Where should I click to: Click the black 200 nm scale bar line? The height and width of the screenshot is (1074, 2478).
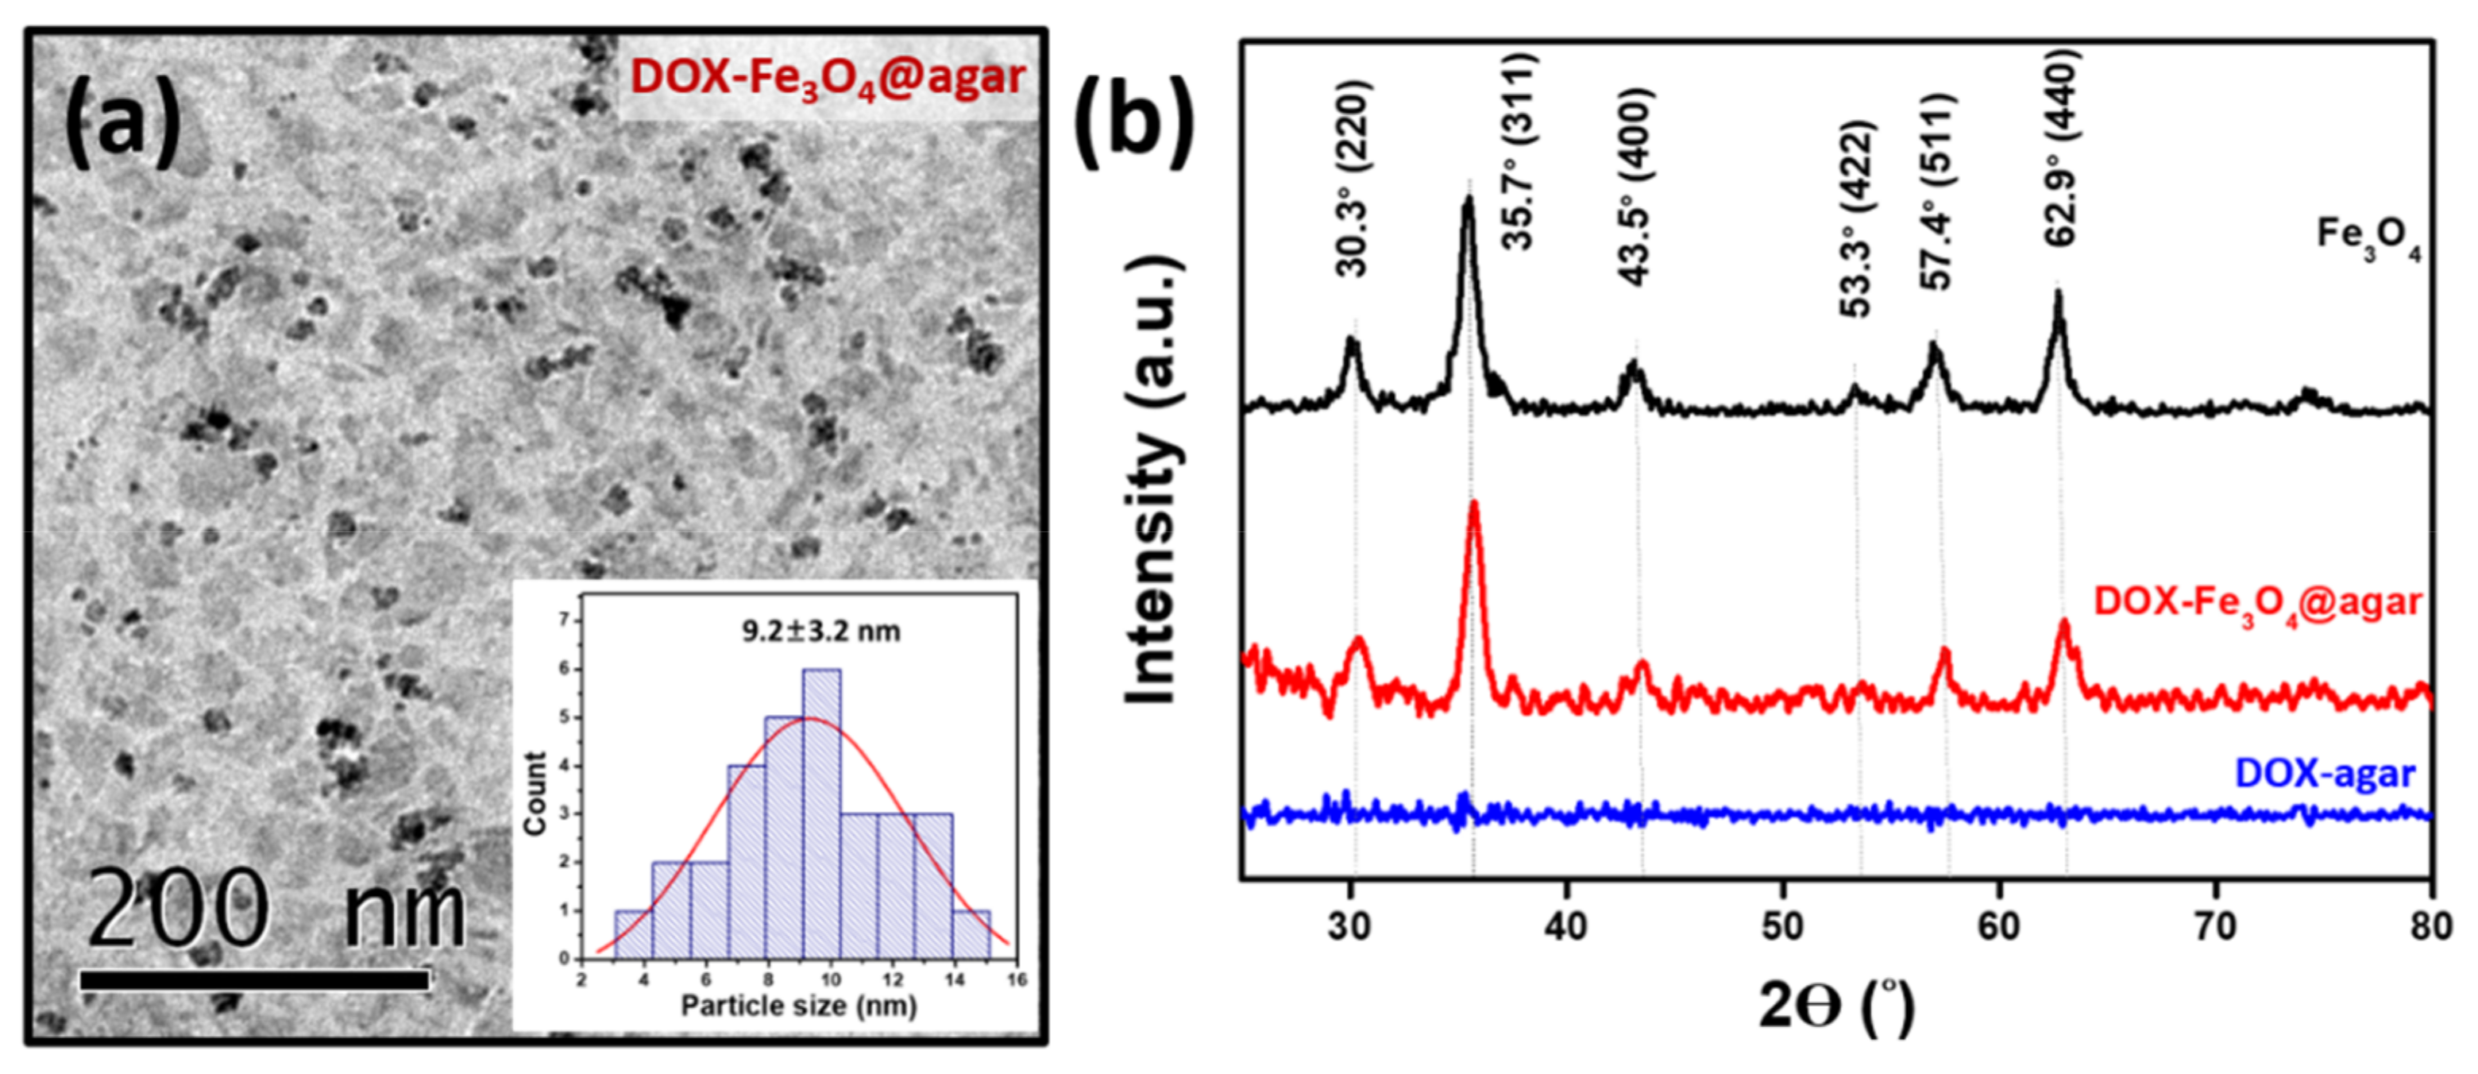255,979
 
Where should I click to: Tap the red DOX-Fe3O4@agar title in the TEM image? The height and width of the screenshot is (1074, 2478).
828,77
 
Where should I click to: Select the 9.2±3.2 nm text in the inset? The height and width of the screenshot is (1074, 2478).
820,632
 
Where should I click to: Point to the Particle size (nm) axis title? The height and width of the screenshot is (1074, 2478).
798,1006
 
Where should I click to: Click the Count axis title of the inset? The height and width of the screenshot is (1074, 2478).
535,793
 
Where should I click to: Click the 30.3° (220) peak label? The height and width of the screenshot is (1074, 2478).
1352,178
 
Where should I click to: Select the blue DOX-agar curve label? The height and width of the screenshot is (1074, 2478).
2324,773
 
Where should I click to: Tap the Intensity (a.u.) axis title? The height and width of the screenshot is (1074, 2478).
1152,481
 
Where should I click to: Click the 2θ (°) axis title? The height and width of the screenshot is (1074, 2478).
1836,1006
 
